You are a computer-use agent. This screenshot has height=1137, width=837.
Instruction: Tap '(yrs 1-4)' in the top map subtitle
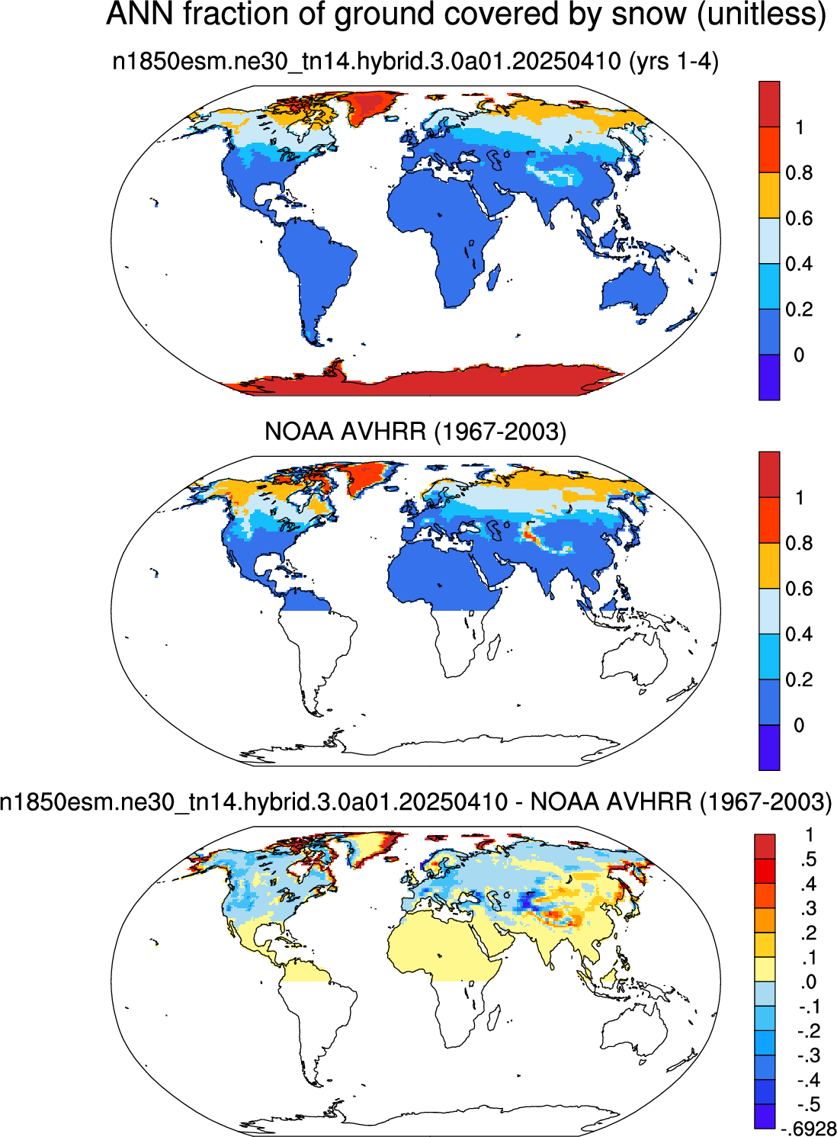pyautogui.click(x=672, y=63)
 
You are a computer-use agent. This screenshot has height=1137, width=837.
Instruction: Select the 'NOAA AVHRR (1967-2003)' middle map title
pyautogui.click(x=415, y=432)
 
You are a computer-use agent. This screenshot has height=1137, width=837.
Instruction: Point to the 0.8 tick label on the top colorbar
pyautogui.click(x=799, y=173)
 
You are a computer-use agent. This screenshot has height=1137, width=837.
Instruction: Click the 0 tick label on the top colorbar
pyautogui.click(x=799, y=355)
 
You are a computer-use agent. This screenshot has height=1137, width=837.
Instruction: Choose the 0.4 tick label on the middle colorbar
pyautogui.click(x=799, y=634)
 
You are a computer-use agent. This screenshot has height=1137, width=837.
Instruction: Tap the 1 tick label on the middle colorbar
pyautogui.click(x=800, y=497)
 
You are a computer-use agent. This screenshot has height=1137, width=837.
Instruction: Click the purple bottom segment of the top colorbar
pyautogui.click(x=769, y=377)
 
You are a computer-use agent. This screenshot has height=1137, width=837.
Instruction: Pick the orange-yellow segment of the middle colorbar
pyautogui.click(x=769, y=566)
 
